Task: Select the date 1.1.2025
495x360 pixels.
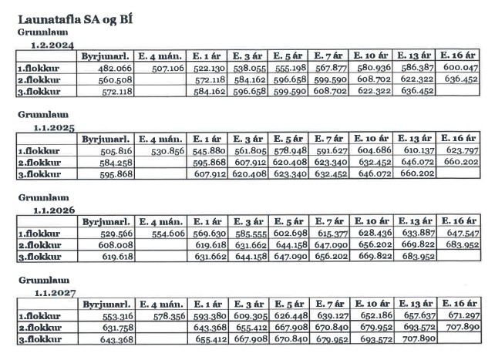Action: tap(54, 128)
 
